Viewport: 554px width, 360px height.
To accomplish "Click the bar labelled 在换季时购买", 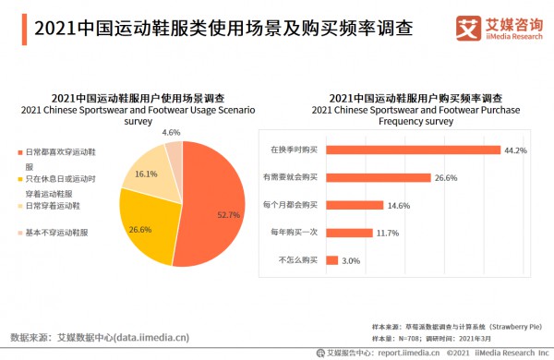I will click(x=412, y=149).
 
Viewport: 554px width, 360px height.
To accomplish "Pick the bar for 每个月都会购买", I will click(x=353, y=205).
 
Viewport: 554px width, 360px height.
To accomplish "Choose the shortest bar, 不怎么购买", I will click(x=331, y=260).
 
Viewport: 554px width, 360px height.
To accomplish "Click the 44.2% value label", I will click(x=514, y=149).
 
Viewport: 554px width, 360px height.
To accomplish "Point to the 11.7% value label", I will click(x=387, y=233).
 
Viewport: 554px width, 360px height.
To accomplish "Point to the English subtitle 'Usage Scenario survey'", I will click(x=138, y=114).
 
